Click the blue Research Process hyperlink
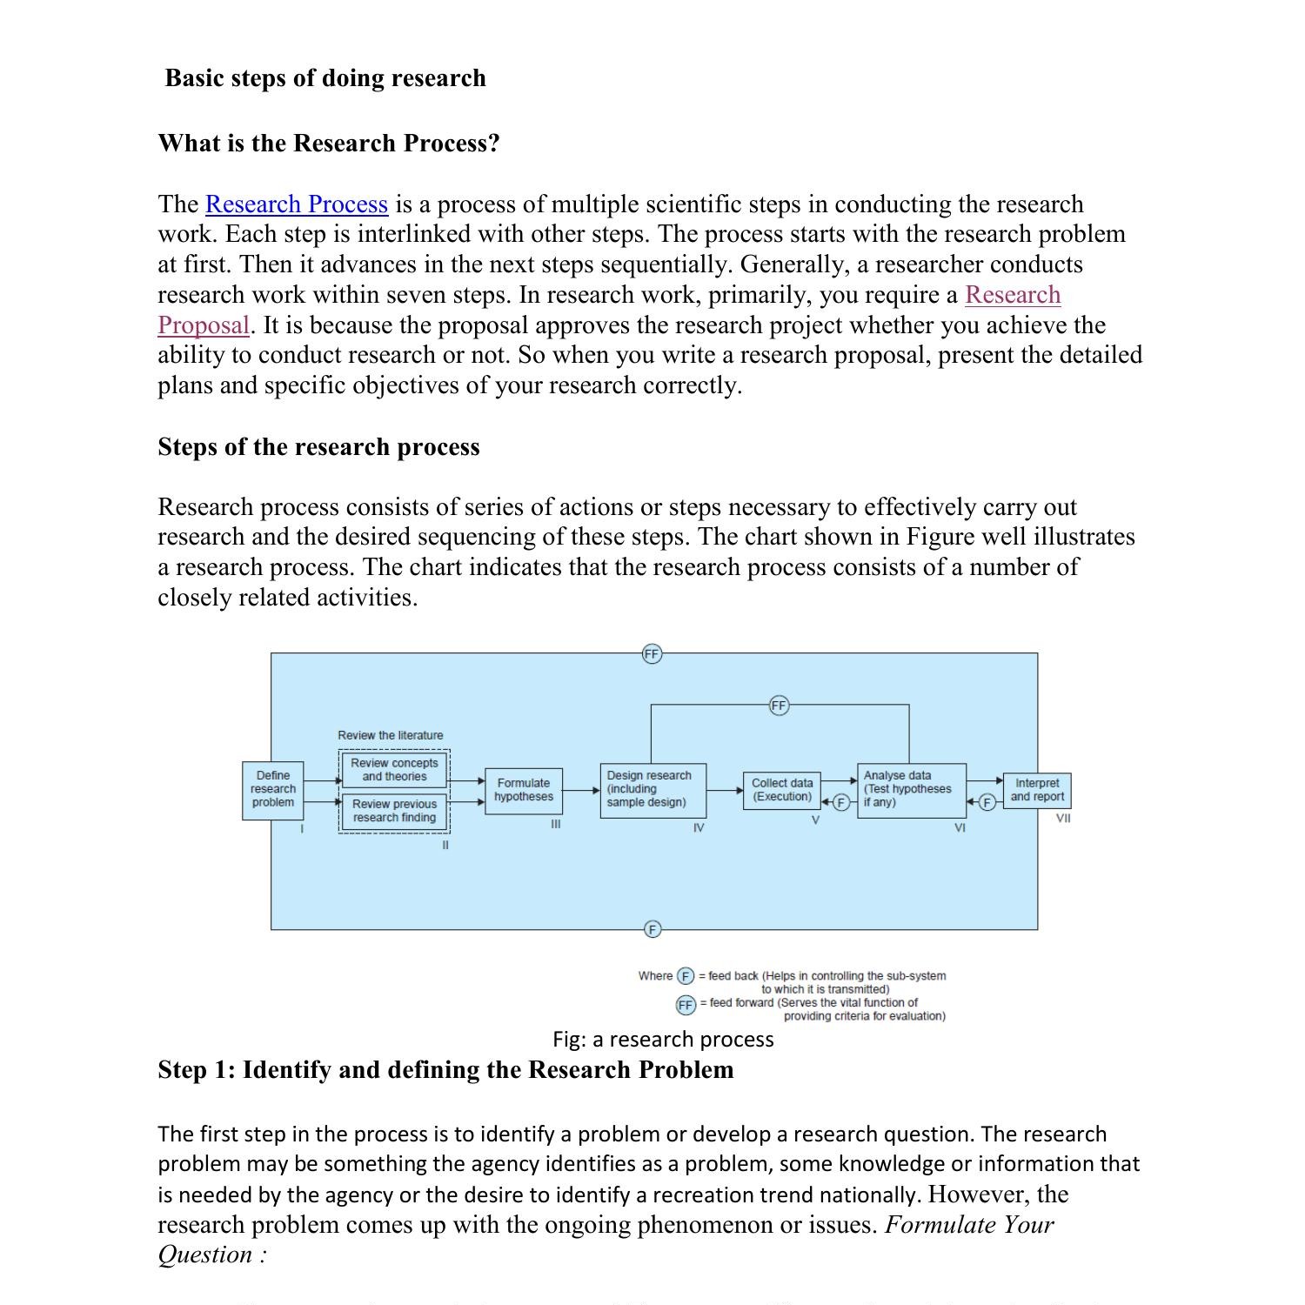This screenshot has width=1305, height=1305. tap(296, 204)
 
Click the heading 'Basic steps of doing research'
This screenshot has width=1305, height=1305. tap(325, 78)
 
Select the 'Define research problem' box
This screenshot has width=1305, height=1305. tap(273, 789)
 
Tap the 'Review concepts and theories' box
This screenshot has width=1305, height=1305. tap(394, 770)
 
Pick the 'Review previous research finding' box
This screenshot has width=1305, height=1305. tap(394, 811)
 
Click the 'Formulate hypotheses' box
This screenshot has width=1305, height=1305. tap(523, 790)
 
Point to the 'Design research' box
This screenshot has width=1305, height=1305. tap(652, 789)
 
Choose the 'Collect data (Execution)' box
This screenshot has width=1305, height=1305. tap(781, 790)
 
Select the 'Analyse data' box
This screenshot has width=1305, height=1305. tap(910, 789)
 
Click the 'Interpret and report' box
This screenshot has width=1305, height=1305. tap(1036, 790)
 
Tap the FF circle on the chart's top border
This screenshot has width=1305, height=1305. tap(652, 653)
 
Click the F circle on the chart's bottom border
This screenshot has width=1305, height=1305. tap(652, 929)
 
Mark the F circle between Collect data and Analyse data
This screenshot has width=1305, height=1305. tap(840, 803)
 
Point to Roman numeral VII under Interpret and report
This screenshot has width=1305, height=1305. tap(1063, 819)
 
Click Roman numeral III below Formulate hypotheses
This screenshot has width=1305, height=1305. tap(555, 824)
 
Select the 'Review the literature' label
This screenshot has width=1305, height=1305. tap(390, 735)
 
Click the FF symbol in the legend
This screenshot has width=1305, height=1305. tap(686, 1005)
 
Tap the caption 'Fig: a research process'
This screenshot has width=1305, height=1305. tap(663, 1040)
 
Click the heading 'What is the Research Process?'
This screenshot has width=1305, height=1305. tap(329, 144)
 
